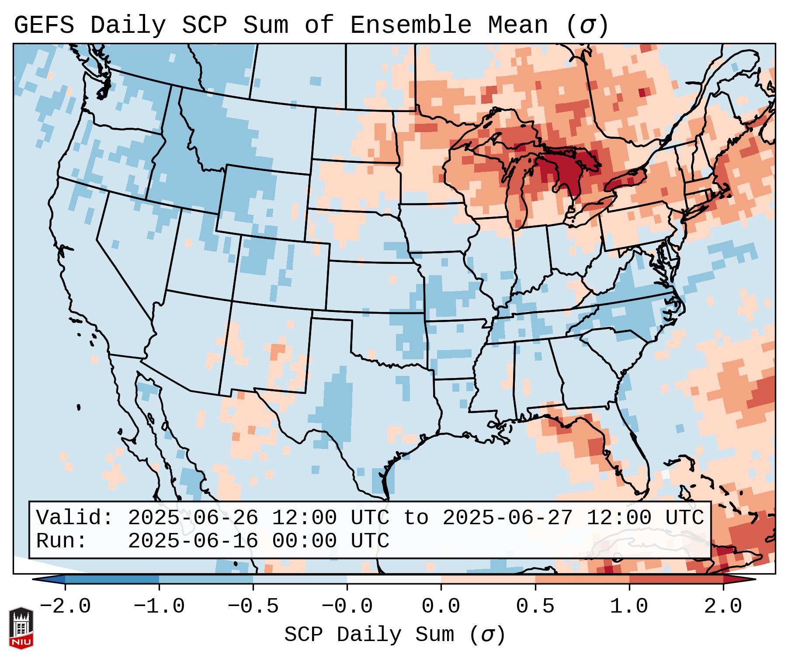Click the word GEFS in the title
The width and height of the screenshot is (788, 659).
coord(44,25)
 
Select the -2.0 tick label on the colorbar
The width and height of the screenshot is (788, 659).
coord(65,607)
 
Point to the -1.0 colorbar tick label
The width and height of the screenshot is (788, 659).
coord(159,607)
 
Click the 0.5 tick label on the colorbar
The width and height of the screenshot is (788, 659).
coord(535,607)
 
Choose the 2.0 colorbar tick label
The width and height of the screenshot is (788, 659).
coord(723,607)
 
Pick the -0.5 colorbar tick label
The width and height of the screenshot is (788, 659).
coord(253,607)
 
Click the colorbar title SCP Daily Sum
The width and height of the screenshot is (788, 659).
coord(369,635)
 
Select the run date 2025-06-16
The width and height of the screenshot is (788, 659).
coord(193,541)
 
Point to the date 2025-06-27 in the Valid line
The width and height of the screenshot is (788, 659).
coord(507,518)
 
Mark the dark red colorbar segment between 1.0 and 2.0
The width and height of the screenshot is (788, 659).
coord(676,580)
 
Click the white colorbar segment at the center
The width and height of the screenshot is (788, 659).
coord(394,580)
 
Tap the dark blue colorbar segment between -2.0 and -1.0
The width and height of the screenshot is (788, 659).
coord(112,580)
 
